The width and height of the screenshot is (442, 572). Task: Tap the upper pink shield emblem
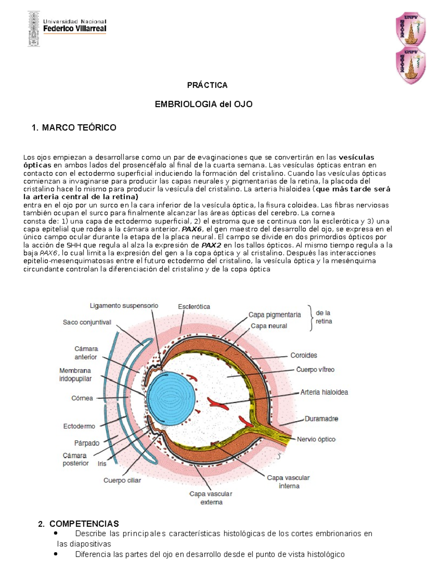click(411, 29)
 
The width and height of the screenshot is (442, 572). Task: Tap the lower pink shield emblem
click(411, 65)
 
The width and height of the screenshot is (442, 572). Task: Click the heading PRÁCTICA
click(207, 85)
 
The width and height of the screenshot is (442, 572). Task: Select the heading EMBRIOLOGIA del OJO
click(203, 104)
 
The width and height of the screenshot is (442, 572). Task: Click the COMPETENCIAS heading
click(84, 524)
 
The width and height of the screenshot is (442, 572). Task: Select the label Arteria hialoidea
click(324, 392)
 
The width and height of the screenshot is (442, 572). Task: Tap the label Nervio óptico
click(316, 439)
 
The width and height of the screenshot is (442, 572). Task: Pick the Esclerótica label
click(194, 306)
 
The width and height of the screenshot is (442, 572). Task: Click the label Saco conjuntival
click(87, 322)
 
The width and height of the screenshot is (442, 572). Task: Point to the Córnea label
click(82, 398)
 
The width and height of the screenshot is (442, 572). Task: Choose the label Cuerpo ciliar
click(122, 480)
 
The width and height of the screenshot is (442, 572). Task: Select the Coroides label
click(304, 355)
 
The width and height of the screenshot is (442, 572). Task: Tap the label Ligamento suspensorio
click(124, 306)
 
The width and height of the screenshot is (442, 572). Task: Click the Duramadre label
click(321, 419)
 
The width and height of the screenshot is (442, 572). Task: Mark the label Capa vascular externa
click(211, 498)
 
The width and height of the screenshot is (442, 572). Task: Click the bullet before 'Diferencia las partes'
click(56, 554)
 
